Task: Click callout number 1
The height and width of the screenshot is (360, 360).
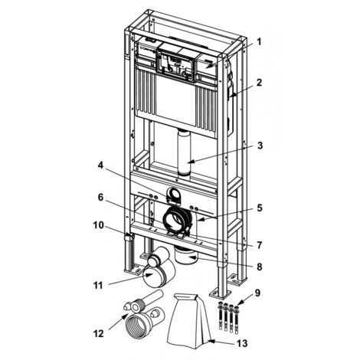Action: (259, 41)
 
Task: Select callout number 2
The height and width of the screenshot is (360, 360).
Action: (259, 83)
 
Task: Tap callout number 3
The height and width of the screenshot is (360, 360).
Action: (260, 146)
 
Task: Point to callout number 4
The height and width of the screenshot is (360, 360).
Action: (101, 165)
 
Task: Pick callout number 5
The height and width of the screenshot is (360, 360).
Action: (260, 208)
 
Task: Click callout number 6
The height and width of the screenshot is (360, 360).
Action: (100, 197)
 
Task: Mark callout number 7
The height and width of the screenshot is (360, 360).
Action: (260, 245)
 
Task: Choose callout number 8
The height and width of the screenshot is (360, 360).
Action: (260, 267)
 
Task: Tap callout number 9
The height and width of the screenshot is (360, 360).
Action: (257, 293)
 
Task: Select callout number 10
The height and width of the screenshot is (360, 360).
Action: (99, 225)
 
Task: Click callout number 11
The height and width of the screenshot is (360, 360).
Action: (98, 286)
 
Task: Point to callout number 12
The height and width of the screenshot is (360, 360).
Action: (98, 333)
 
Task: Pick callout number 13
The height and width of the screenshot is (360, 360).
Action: (242, 343)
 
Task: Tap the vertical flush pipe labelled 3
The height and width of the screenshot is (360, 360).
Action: (184, 152)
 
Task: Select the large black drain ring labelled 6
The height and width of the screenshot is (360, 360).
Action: (177, 219)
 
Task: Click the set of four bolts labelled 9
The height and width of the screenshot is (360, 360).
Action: (227, 316)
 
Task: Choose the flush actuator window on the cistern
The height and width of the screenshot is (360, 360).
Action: (176, 66)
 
